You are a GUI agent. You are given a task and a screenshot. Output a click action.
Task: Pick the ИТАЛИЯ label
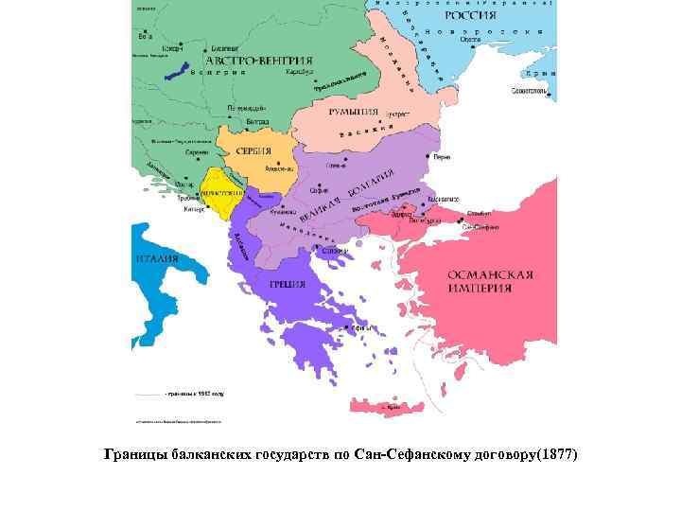[x=157, y=257]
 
